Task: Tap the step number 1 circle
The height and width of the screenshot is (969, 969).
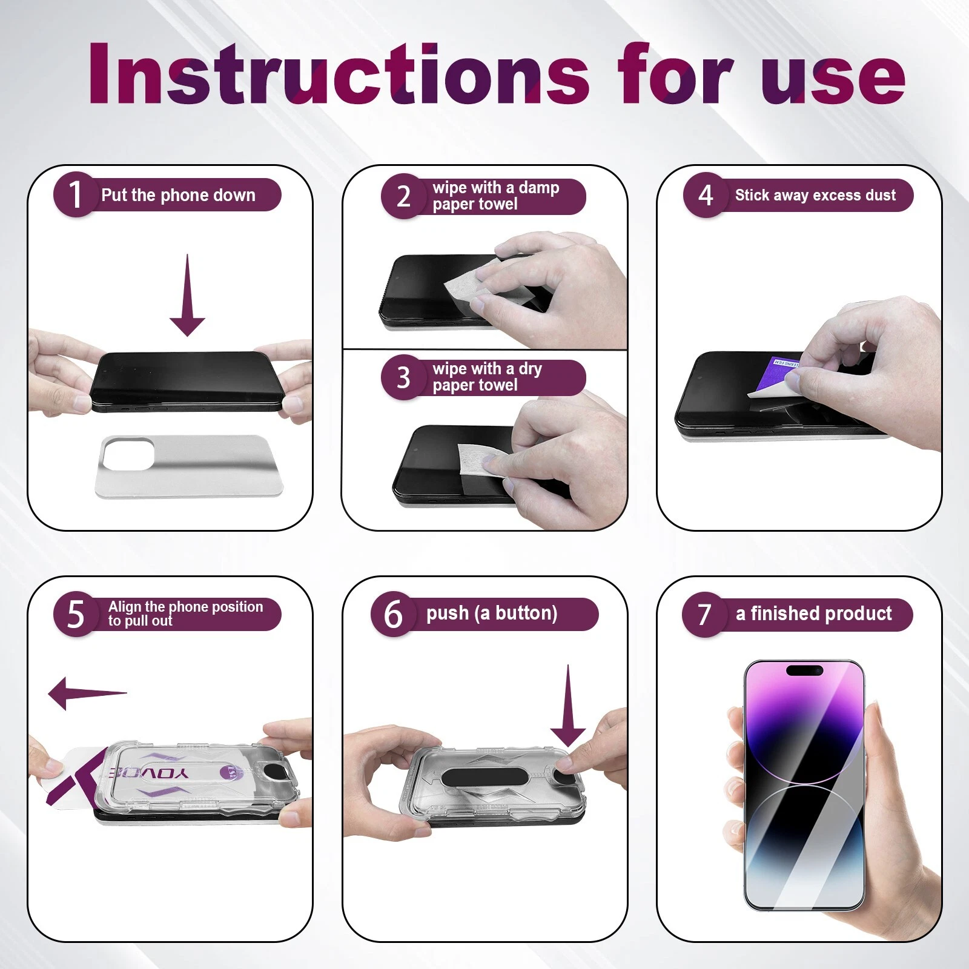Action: [76, 194]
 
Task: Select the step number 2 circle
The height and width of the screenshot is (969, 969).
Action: [403, 196]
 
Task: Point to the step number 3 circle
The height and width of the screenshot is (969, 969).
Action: [403, 377]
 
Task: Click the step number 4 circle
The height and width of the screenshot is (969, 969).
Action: [706, 195]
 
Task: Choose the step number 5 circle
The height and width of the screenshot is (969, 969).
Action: [76, 614]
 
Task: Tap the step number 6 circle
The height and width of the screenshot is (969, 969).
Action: [393, 614]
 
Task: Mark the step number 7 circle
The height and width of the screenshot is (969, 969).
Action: [704, 614]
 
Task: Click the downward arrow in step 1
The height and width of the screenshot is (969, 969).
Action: [187, 295]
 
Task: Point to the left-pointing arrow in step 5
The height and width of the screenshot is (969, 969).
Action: [87, 693]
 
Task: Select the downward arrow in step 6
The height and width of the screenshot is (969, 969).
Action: [568, 706]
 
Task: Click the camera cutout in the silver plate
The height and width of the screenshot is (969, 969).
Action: [128, 454]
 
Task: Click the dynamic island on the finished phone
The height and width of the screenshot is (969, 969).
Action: [804, 670]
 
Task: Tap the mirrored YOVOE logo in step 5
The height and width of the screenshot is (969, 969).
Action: [148, 773]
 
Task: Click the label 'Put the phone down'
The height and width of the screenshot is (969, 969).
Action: [178, 195]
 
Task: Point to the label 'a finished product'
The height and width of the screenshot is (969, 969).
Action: [814, 613]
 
